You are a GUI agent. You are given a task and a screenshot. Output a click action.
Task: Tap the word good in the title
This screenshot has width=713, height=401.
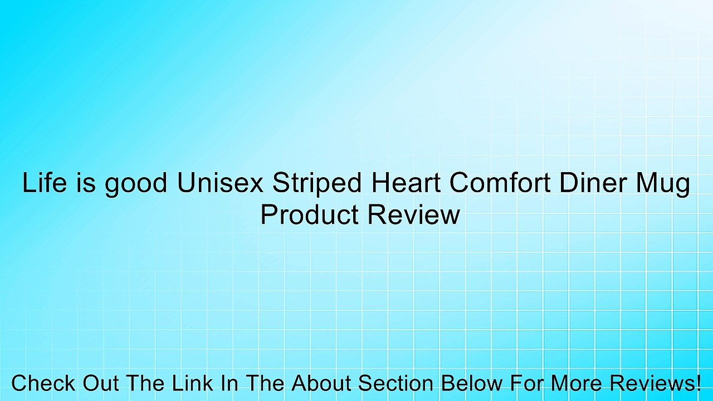[x=136, y=183]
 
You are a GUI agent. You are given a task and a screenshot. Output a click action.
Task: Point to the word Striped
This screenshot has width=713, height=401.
[x=311, y=183]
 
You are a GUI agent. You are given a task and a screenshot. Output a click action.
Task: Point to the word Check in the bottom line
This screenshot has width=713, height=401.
[x=44, y=383]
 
